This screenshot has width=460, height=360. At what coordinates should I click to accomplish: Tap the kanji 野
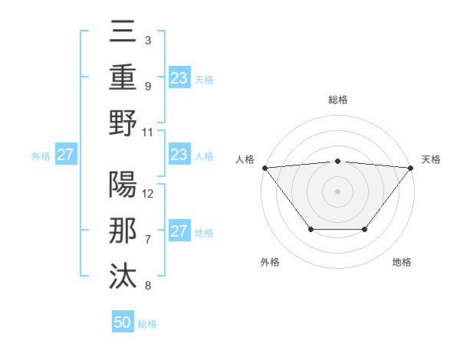point(123,123)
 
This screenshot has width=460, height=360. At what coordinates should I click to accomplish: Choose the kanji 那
point(123,231)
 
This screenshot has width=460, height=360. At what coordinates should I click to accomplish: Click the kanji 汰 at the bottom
point(123,277)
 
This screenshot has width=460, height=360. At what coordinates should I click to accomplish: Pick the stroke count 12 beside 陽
point(149,193)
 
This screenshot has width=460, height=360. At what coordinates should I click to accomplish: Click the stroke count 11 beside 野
point(149,132)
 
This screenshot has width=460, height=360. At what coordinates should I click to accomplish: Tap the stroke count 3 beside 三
point(147,40)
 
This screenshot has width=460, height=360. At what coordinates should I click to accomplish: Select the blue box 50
point(123,322)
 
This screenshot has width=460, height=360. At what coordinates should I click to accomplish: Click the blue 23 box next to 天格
point(179,77)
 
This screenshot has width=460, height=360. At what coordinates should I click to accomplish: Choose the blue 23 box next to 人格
point(179,155)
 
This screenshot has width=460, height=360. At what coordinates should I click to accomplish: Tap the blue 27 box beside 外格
point(65,155)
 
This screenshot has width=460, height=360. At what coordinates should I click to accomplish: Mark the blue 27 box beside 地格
point(179,231)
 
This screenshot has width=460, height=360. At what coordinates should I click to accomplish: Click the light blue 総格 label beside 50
point(147,324)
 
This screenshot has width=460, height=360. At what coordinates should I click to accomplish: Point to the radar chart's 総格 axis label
point(337,100)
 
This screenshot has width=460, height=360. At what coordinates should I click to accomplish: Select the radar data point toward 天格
point(410,168)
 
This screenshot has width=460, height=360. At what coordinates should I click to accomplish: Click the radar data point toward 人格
point(264,168)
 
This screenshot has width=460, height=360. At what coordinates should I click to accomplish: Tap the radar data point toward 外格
point(310,229)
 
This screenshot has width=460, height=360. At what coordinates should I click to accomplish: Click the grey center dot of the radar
point(337,191)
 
